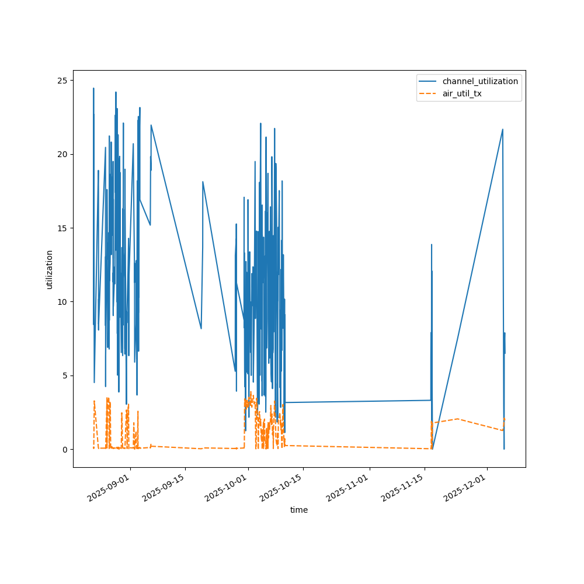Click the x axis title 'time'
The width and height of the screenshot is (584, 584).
pos(299,510)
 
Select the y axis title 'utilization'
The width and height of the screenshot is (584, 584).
pos(50,269)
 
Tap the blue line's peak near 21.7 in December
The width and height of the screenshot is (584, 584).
pos(502,130)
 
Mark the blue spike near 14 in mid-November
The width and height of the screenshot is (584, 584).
pos(432,245)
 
